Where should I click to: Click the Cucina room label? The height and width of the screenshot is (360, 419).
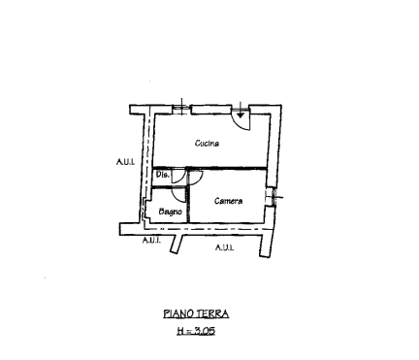(x=207, y=143)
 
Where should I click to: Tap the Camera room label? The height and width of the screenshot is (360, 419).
(x=229, y=201)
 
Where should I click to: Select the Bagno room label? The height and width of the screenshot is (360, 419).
(x=171, y=212)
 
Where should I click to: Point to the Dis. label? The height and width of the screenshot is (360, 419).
(x=163, y=175)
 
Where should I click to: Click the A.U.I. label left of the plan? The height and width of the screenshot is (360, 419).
(x=125, y=161)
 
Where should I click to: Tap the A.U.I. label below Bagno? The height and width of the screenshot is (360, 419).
(x=151, y=240)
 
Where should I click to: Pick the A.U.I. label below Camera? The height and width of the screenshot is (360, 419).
(x=224, y=247)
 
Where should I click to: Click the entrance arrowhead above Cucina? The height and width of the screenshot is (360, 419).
(x=241, y=115)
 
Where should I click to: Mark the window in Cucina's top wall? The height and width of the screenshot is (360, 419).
(x=181, y=109)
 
